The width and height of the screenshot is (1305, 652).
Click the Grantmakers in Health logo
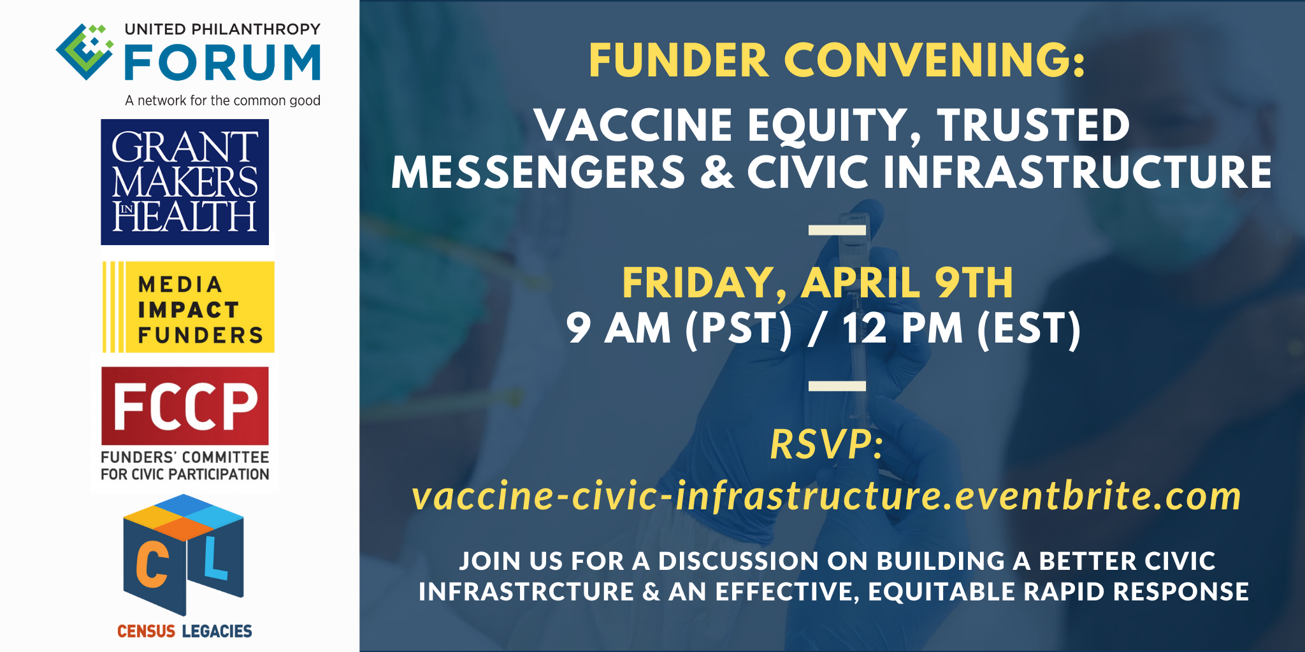pos(185,182)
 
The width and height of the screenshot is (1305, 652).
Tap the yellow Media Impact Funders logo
pos(189,307)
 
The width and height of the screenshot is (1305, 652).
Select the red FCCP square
pos(185,406)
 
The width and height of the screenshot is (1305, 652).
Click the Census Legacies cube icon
pos(184,555)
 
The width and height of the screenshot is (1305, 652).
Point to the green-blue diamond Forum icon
pos(85,52)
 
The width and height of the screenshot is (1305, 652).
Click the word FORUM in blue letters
pos(222,62)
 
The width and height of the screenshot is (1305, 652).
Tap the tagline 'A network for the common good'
pos(222,101)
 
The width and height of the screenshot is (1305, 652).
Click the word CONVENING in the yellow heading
pos(935,60)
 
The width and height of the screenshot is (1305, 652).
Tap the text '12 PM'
pos(902,328)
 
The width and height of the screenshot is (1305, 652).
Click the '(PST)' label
pos(739,329)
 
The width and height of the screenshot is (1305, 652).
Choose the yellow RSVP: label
pos(826,444)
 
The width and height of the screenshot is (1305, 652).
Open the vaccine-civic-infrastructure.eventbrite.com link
pos(826,496)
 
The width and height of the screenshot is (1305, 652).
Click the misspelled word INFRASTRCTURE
pos(526,592)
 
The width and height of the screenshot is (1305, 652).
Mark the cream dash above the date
pos(837,230)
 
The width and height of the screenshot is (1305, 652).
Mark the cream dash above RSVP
pos(837,386)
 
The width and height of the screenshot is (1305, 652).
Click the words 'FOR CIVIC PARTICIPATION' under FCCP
pos(185,474)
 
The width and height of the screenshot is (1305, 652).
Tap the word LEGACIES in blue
pos(217,631)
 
